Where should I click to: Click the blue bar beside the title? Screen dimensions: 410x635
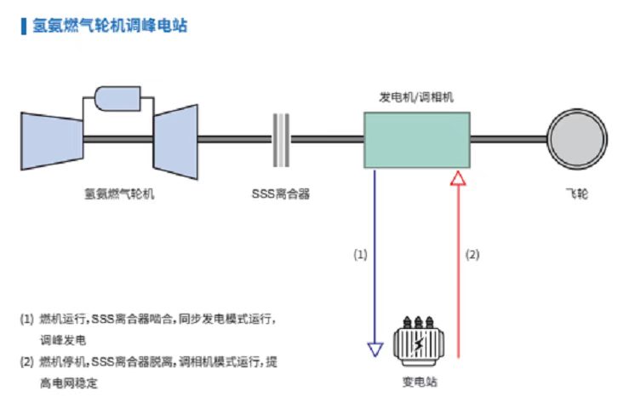tap(22, 26)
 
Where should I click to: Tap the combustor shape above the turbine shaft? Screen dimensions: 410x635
tap(119, 97)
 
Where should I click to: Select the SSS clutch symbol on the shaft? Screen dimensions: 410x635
tap(281, 139)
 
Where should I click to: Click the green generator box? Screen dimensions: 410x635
tap(416, 139)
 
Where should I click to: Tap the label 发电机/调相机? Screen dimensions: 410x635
tap(416, 97)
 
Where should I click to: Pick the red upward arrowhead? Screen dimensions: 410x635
tap(459, 177)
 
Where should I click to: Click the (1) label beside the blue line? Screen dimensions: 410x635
tap(360, 254)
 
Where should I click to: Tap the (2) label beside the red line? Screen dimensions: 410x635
tap(473, 254)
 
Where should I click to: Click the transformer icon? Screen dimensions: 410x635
tap(418, 341)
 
